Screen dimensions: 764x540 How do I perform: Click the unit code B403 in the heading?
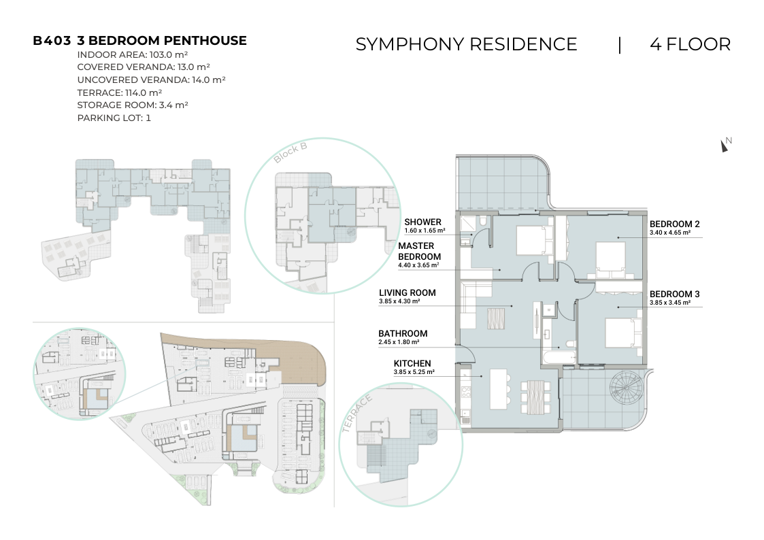click(x=52, y=41)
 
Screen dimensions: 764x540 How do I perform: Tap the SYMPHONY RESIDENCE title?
click(x=466, y=44)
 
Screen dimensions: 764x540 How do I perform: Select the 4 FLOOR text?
click(x=691, y=44)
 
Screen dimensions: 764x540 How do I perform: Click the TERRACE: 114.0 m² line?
click(x=119, y=92)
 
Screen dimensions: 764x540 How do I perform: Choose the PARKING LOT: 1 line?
click(x=114, y=118)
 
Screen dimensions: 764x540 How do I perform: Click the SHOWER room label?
click(x=422, y=222)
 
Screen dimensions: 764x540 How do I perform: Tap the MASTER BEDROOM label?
click(x=419, y=251)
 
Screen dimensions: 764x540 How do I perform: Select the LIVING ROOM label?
click(x=408, y=292)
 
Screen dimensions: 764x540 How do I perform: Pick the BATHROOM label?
click(x=403, y=333)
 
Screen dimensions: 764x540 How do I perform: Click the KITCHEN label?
click(x=412, y=363)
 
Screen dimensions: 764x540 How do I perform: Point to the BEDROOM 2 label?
click(x=674, y=224)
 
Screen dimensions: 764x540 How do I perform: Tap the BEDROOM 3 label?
click(x=674, y=294)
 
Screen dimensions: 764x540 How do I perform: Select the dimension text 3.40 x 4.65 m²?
click(x=669, y=233)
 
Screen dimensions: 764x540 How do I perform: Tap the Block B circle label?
click(x=290, y=152)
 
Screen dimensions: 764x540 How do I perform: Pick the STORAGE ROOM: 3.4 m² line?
click(x=133, y=105)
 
